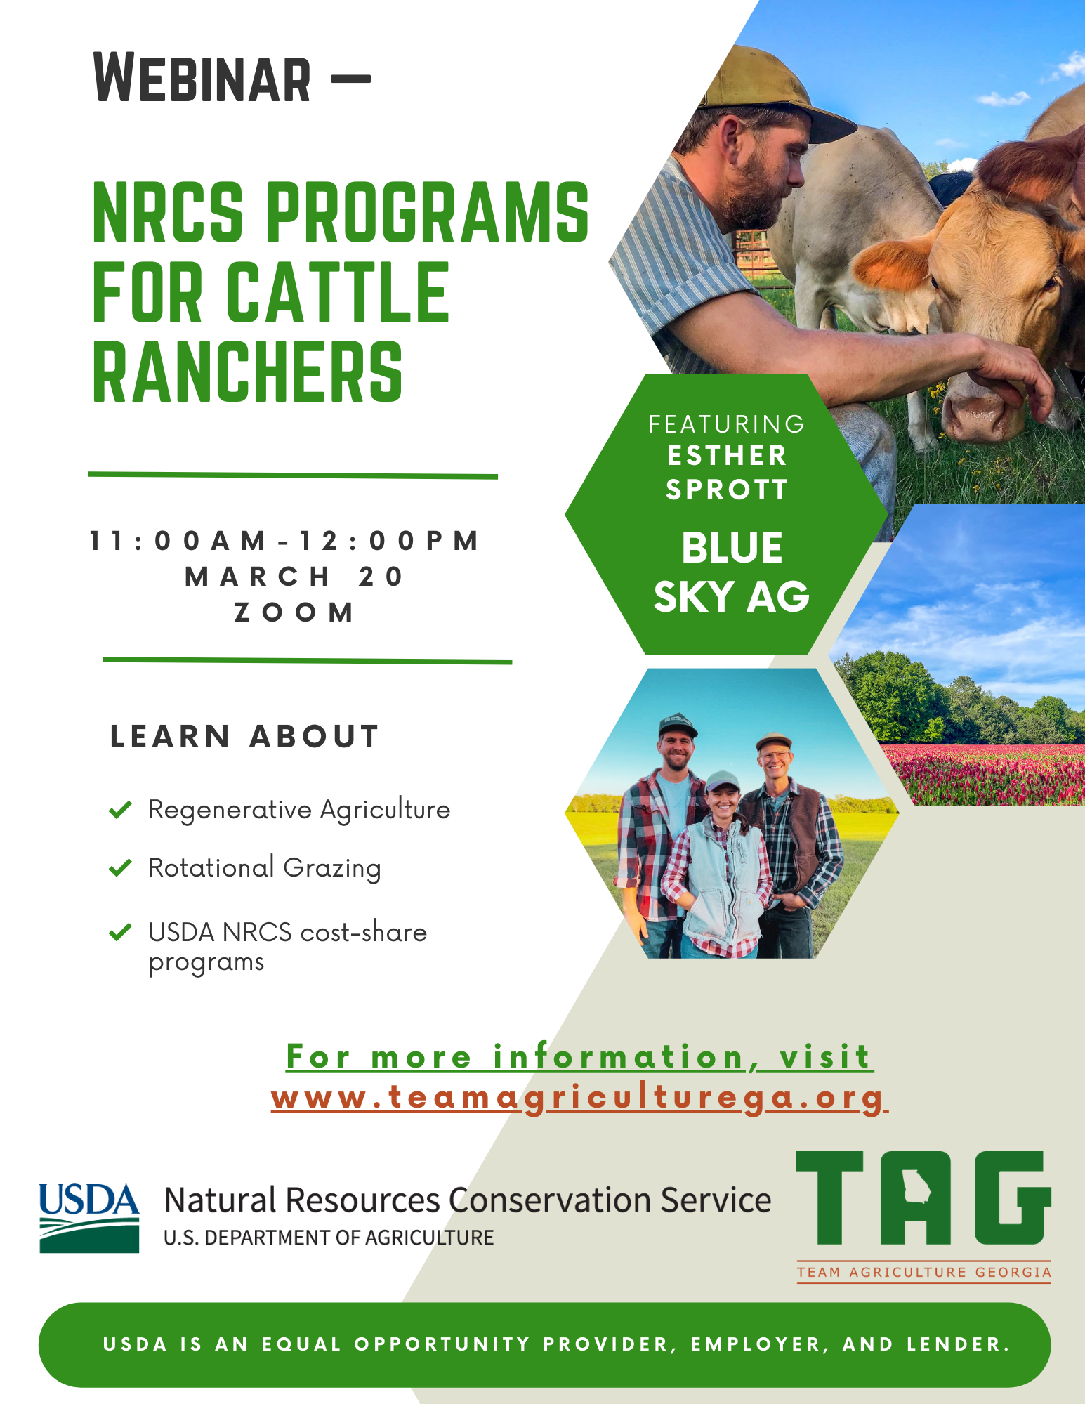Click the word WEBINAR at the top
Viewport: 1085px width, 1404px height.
[x=202, y=79]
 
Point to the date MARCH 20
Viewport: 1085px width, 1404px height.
[x=294, y=577]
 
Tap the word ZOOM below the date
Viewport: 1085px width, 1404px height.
[x=294, y=612]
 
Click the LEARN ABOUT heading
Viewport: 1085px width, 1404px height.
[x=244, y=737]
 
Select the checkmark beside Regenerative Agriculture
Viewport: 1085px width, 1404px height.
[x=121, y=810]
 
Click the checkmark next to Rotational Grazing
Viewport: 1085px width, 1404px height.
[x=121, y=868]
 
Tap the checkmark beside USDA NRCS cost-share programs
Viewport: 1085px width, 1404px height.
[x=121, y=932]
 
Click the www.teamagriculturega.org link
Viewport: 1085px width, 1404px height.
[x=579, y=1098]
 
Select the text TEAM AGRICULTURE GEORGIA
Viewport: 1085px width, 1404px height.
[x=923, y=1272]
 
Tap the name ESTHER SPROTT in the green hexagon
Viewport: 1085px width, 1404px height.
[x=727, y=473]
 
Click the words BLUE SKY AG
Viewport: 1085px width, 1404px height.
[x=731, y=572]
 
